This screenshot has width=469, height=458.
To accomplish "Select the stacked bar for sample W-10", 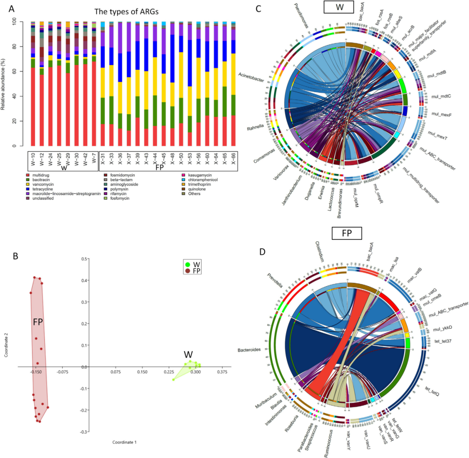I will pyautogui.click(x=33, y=87).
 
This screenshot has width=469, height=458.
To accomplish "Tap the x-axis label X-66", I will pyautogui.click(x=234, y=160).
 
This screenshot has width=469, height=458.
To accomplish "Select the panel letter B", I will pyautogui.click(x=16, y=256).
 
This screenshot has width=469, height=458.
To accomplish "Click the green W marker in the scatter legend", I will pyautogui.click(x=187, y=264).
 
